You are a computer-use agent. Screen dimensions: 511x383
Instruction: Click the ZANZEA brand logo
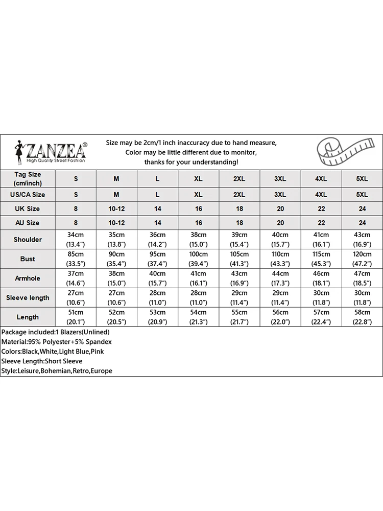pyautogui.click(x=51, y=152)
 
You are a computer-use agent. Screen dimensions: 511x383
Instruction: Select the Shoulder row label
pyautogui.click(x=28, y=240)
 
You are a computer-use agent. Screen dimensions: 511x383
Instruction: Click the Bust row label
pyautogui.click(x=28, y=259)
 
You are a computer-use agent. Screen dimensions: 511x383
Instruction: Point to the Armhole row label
pyautogui.click(x=28, y=278)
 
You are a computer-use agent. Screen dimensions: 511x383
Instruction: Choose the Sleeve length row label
pyautogui.click(x=28, y=298)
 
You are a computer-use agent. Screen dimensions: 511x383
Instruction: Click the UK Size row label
pyautogui.click(x=28, y=208)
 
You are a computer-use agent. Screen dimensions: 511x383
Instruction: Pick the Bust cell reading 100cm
pyautogui.click(x=198, y=259)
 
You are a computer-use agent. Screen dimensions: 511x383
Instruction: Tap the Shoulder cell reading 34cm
pyautogui.click(x=76, y=240)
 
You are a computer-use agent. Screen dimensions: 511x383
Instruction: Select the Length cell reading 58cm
pyautogui.click(x=362, y=317)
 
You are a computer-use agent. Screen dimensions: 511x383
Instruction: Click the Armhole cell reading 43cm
pyautogui.click(x=239, y=278)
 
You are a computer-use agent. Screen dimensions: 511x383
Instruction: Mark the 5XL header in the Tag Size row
pyautogui.click(x=362, y=178)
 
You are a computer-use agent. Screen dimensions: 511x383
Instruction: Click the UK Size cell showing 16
pyautogui.click(x=198, y=208)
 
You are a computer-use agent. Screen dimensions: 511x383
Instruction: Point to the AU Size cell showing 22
pyautogui.click(x=321, y=223)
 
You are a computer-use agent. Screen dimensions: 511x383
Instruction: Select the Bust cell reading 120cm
pyautogui.click(x=362, y=259)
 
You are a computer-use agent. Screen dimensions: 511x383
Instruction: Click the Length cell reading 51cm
pyautogui.click(x=76, y=317)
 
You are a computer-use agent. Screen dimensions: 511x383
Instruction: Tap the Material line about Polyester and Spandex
pyautogui.click(x=57, y=342)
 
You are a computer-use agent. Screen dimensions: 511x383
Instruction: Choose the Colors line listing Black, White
pyautogui.click(x=56, y=352)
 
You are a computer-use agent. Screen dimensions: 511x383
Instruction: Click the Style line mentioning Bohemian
pyautogui.click(x=57, y=371)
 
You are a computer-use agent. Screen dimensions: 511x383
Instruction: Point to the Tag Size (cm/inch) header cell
pyautogui.click(x=28, y=178)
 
